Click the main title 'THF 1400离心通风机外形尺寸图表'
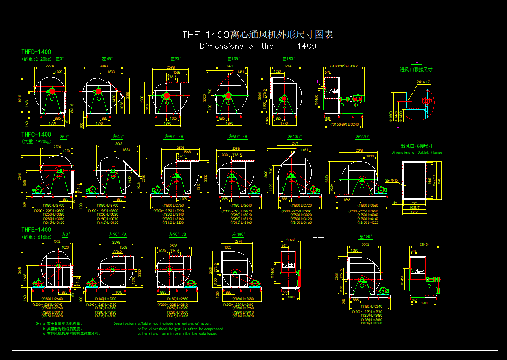(258, 35)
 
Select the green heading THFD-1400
(37, 52)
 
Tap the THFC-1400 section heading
(37, 135)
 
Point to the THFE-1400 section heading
(37, 230)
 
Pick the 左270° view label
(362, 137)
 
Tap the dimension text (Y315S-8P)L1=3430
(343, 65)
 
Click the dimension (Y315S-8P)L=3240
(343, 124)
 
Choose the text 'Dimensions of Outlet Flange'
(416, 153)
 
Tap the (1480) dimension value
(291, 240)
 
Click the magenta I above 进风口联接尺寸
(417, 61)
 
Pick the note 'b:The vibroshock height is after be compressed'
(181, 329)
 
